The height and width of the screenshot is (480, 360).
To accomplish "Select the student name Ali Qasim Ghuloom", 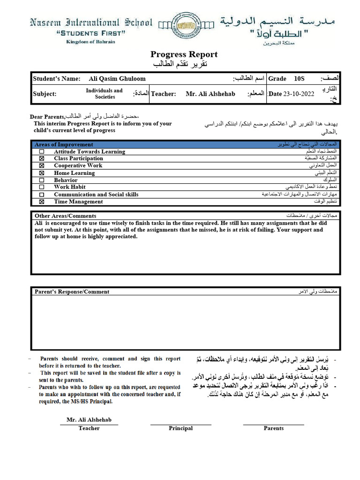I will pyautogui.click(x=117, y=79).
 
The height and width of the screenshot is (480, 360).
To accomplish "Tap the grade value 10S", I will pyautogui.click(x=299, y=79).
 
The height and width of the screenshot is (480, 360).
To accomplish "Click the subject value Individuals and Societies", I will pyautogui.click(x=105, y=94).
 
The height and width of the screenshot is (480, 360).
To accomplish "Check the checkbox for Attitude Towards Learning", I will pyautogui.click(x=42, y=152).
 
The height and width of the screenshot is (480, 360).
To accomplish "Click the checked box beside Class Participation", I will pyautogui.click(x=42, y=159).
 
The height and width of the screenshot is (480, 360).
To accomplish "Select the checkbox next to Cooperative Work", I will pyautogui.click(x=42, y=166).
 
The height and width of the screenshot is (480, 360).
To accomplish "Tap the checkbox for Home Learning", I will pyautogui.click(x=42, y=173).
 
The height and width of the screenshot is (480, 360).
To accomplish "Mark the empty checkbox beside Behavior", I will pyautogui.click(x=42, y=180).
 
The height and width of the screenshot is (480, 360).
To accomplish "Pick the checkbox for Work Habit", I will pyautogui.click(x=42, y=187).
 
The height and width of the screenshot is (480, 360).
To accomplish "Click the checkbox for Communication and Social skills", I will pyautogui.click(x=42, y=195).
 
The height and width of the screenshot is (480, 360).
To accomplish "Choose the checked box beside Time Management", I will pyautogui.click(x=42, y=202).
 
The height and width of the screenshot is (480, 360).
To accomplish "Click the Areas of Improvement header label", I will pyautogui.click(x=64, y=144).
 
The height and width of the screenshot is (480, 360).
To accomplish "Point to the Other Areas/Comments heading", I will pyautogui.click(x=66, y=216).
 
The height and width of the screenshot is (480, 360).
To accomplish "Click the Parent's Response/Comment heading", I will pyautogui.click(x=72, y=292).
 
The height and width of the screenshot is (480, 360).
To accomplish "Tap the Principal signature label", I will pyautogui.click(x=180, y=428).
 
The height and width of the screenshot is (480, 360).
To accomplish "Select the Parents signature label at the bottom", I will pyautogui.click(x=273, y=428).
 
